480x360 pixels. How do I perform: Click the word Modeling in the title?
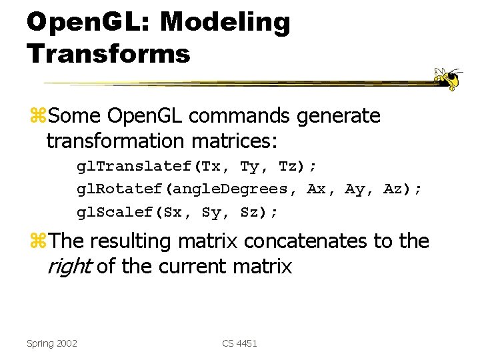point(225,22)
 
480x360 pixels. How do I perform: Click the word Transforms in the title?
point(109,53)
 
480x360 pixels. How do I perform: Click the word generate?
point(339,116)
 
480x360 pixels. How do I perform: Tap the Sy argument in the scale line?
point(211,212)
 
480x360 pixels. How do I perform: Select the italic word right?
point(69,267)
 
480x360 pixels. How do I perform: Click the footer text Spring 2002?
point(51,343)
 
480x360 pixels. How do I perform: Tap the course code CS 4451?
point(239,343)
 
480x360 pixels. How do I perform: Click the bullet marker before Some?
point(37,117)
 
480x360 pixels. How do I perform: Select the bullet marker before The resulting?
point(37,241)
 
